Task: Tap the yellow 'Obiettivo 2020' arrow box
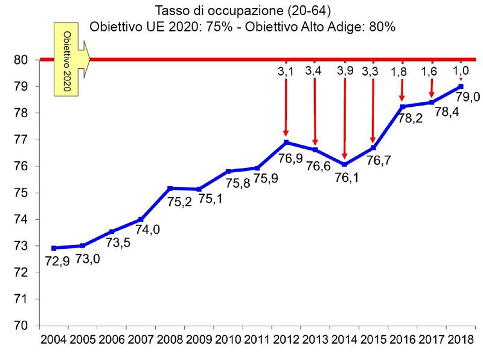pyautogui.click(x=69, y=59)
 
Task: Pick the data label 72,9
pyautogui.click(x=57, y=262)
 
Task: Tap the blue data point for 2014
pyautogui.click(x=344, y=164)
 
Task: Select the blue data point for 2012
pyautogui.click(x=286, y=143)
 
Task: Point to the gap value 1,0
pyautogui.click(x=461, y=71)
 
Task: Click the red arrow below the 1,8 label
pyautogui.click(x=402, y=91)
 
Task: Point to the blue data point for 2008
pyautogui.click(x=170, y=188)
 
